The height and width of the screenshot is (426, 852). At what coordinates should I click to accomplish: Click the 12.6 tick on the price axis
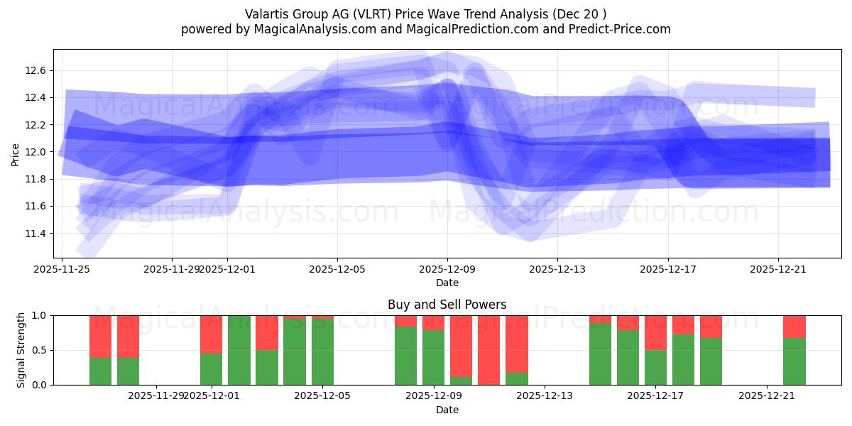(35, 70)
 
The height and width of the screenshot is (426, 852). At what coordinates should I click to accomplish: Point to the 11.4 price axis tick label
(35, 234)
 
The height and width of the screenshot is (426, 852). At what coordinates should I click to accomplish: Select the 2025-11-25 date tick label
(62, 269)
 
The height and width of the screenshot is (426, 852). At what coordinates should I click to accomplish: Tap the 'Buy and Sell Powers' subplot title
(447, 305)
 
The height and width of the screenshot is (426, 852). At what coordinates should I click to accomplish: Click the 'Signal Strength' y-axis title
(21, 349)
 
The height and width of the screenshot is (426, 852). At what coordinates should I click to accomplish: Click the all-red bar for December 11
(488, 350)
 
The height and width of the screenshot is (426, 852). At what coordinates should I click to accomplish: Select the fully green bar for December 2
(239, 350)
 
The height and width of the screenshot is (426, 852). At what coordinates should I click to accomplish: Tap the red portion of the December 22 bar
(794, 326)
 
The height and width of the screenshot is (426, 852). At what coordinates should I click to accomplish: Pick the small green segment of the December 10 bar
(461, 381)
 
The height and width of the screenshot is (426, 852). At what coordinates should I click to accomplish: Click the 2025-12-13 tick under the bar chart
(545, 396)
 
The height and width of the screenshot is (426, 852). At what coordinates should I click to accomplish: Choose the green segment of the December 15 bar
(600, 354)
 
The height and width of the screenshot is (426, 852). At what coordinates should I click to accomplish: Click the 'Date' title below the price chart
(447, 283)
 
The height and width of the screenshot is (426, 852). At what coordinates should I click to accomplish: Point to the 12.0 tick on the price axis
(35, 152)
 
